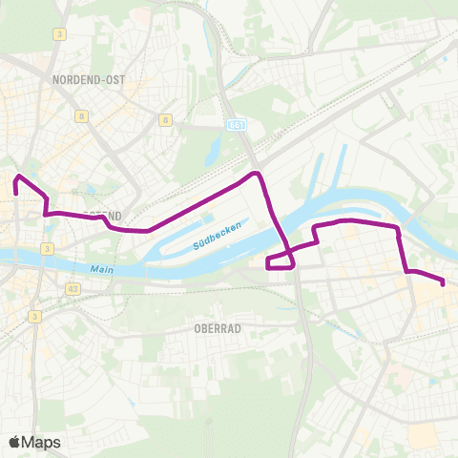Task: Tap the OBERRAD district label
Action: pyautogui.click(x=216, y=327)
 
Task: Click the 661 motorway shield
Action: pyautogui.click(x=237, y=124)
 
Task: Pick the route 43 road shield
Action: pyautogui.click(x=47, y=287)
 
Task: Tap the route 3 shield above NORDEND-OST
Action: pyautogui.click(x=59, y=34)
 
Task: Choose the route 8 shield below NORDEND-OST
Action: pyautogui.click(x=83, y=115)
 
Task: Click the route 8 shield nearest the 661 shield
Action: pyautogui.click(x=166, y=120)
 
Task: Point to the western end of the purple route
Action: pyautogui.click(x=16, y=193)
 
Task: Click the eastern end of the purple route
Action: pyautogui.click(x=444, y=282)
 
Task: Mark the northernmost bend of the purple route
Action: pyautogui.click(x=255, y=174)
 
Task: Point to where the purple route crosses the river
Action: pyautogui.click(x=282, y=236)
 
